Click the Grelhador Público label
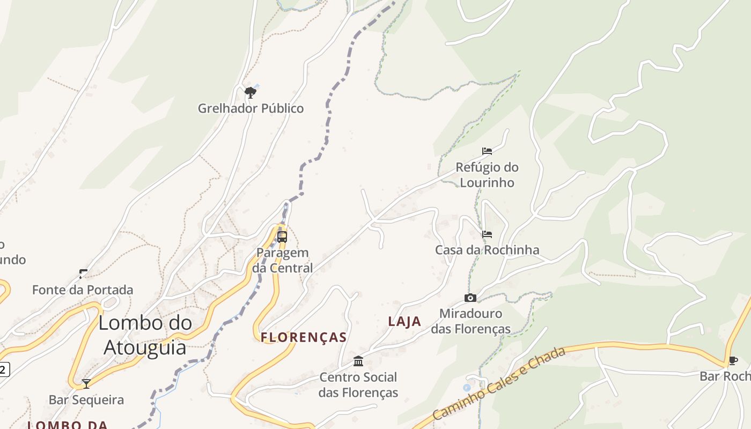tap(251, 108)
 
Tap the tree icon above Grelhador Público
tap(250, 93)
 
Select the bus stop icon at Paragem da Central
tap(282, 236)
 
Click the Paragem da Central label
tap(282, 260)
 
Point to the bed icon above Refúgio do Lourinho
tap(487, 151)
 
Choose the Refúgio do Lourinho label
tap(487, 175)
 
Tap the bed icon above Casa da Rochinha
tap(487, 234)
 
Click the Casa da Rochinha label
tap(487, 250)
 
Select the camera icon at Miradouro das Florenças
tap(470, 298)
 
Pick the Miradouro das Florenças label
tap(470, 321)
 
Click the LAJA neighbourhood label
tap(404, 322)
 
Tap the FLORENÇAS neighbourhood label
tap(304, 337)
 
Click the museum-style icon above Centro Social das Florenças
tap(358, 361)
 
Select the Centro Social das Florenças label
tap(358, 384)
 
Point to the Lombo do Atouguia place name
tap(145, 335)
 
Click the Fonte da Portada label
tap(83, 290)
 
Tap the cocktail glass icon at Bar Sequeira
tap(86, 384)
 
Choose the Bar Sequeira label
tap(86, 400)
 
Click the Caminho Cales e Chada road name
tap(499, 383)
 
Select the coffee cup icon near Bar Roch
tap(733, 360)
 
